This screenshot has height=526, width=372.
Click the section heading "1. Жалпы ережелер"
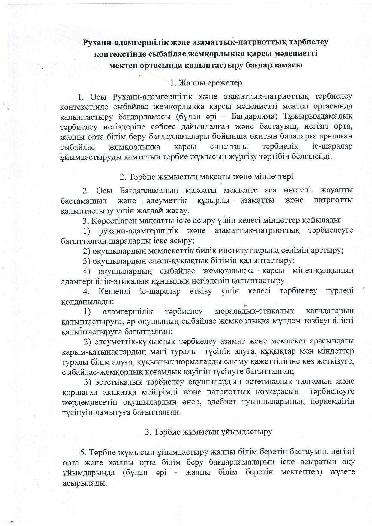(x=206, y=83)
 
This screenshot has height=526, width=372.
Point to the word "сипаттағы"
(x=229, y=147)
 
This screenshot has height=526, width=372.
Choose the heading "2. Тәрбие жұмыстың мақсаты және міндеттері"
(x=206, y=176)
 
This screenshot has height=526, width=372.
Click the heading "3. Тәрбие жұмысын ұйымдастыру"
(x=208, y=432)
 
